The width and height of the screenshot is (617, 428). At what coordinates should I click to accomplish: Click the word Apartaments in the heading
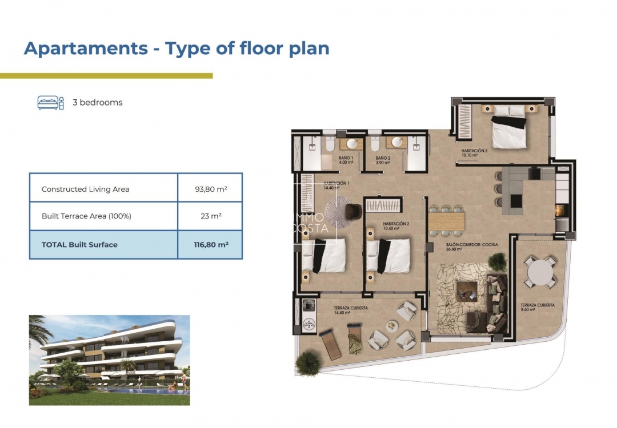click(86, 49)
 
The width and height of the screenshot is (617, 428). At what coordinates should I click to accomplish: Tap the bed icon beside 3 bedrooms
click(50, 103)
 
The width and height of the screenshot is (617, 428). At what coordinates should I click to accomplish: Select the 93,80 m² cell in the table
click(211, 189)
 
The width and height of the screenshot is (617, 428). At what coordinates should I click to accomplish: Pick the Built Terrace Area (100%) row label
click(87, 216)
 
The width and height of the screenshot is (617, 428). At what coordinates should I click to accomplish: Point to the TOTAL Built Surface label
click(79, 244)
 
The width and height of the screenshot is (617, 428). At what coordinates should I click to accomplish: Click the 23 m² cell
click(211, 216)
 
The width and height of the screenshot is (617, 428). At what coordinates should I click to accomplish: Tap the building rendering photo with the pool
click(109, 360)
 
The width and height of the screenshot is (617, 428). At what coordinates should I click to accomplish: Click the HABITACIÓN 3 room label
click(474, 152)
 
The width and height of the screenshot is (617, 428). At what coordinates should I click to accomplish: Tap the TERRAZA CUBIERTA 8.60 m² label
click(537, 307)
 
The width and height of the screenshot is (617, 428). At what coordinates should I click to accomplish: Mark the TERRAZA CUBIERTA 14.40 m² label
click(351, 310)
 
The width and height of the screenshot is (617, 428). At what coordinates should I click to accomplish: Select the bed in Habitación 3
click(508, 128)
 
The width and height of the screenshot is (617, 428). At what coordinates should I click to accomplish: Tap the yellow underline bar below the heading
click(106, 75)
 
